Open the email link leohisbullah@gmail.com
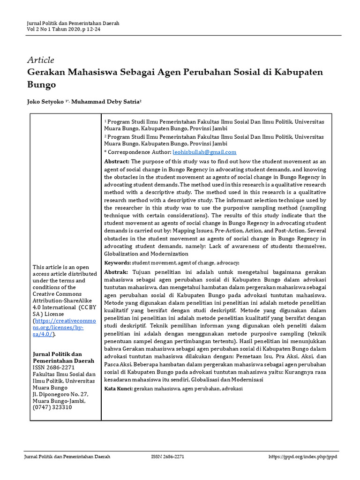pyautogui.click(x=204, y=152)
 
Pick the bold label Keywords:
pyautogui.click(x=117, y=263)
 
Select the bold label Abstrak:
pyautogui.click(x=116, y=272)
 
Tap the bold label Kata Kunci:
pyautogui.click(x=118, y=389)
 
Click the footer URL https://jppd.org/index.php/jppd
pyautogui.click(x=302, y=457)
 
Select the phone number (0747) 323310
pyautogui.click(x=52, y=407)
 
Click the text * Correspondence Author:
pyautogui.click(x=138, y=152)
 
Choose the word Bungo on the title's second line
pyautogui.click(x=42, y=85)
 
